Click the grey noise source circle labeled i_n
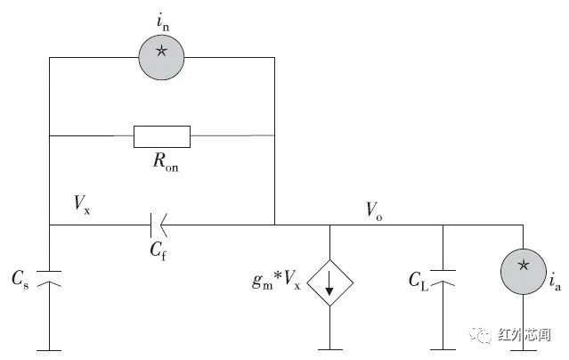coord(161,57)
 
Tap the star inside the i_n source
coord(161,51)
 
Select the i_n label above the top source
coord(163,22)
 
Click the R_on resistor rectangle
coord(162,136)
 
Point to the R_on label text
coord(166,161)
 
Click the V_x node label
coord(82,204)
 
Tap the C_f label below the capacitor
coord(159,250)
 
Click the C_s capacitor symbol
coord(49,278)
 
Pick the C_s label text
coord(20,279)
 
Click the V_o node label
coord(374,210)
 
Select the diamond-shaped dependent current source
coord(329,282)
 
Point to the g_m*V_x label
coord(276,281)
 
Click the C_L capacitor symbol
coord(443,278)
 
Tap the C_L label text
coord(419,282)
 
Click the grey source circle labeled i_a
coord(524,272)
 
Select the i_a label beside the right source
coord(556,281)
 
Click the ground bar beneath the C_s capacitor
coord(49,350)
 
